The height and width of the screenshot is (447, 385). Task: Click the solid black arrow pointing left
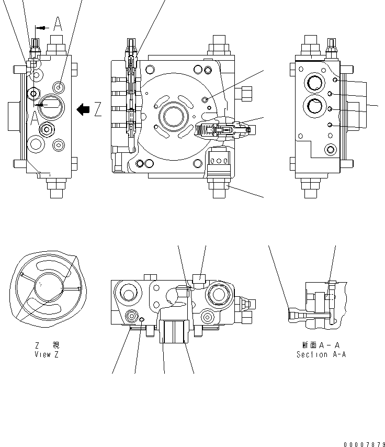[x=83, y=109]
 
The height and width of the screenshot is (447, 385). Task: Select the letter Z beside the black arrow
[x=97, y=109]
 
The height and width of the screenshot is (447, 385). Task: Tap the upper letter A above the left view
[x=58, y=24]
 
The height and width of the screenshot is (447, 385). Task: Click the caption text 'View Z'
[x=43, y=354]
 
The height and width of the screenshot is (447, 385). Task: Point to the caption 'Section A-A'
[x=321, y=354]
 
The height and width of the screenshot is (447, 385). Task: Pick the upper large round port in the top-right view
[x=316, y=83]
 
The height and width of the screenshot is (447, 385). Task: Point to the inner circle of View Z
[x=47, y=287]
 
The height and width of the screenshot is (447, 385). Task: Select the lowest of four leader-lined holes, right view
[x=330, y=125]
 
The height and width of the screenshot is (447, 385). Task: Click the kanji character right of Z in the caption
[x=56, y=345]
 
